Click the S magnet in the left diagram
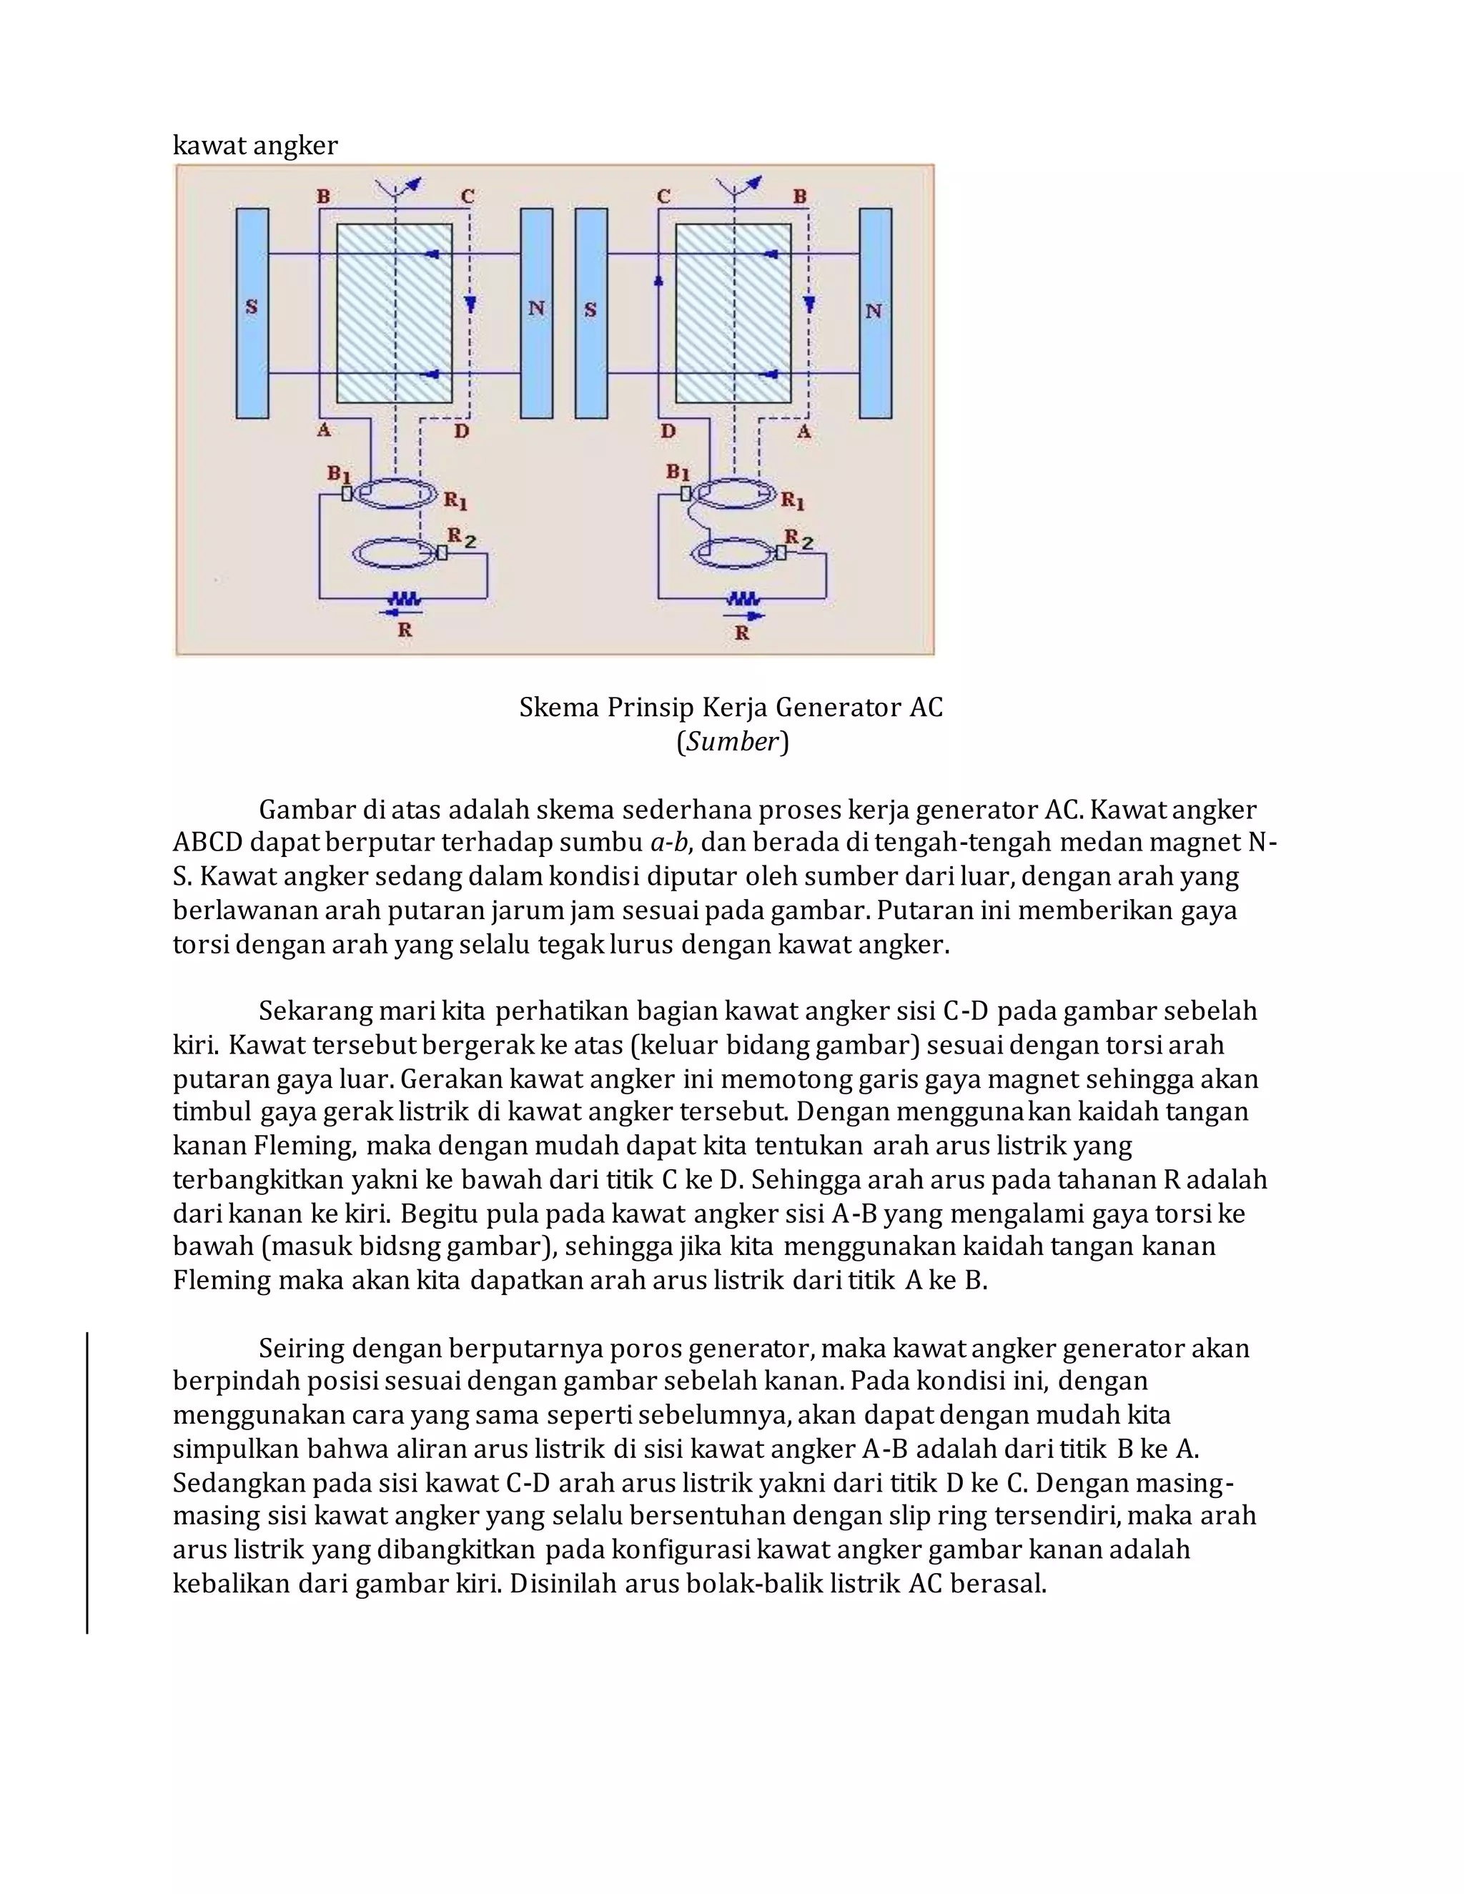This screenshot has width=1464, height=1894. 252,313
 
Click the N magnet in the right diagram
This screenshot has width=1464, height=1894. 874,313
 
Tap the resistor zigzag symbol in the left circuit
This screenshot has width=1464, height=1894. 404,598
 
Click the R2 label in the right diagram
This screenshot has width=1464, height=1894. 798,539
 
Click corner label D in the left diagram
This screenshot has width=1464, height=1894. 461,431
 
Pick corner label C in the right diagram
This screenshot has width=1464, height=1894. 663,197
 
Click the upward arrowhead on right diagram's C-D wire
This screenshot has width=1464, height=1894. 658,281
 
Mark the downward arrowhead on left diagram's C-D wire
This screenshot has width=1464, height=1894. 469,304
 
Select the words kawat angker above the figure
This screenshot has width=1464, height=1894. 255,146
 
